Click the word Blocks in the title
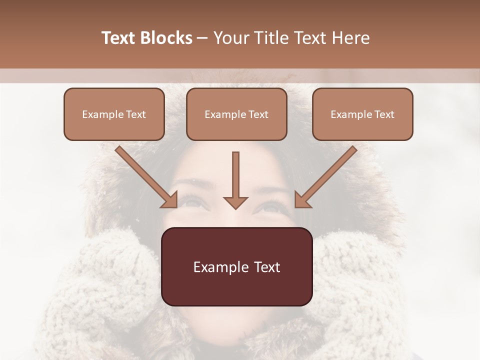tap(166, 38)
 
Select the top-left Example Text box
tap(114, 114)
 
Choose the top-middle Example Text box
tap(236, 114)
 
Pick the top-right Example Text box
tap(362, 114)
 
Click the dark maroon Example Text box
tap(236, 266)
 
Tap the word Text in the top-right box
tap(384, 114)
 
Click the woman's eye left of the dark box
tap(192, 202)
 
